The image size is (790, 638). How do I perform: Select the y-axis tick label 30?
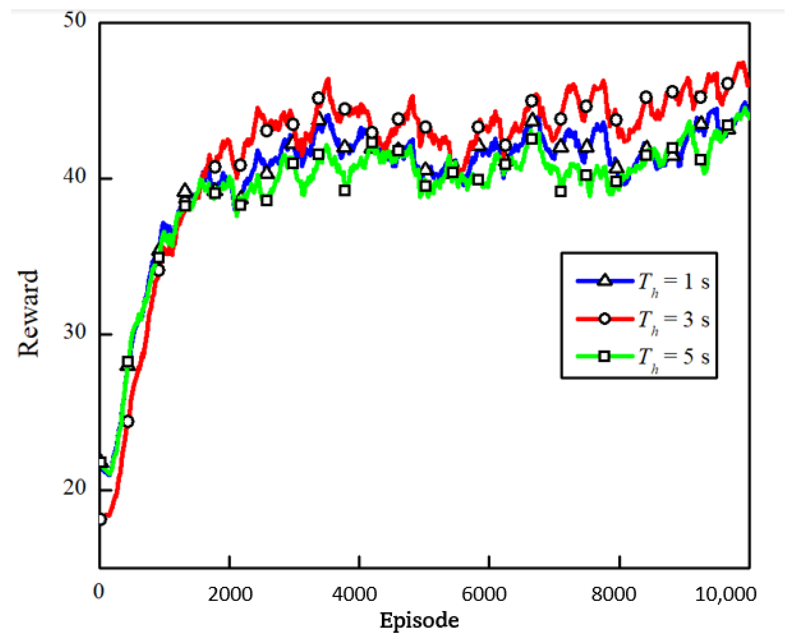point(75,332)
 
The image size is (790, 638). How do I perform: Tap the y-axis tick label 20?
point(75,487)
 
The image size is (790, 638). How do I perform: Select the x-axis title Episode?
point(419,621)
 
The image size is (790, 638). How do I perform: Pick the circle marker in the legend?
point(604,319)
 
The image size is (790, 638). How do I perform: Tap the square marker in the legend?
point(604,356)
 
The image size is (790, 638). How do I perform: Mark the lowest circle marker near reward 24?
point(128,421)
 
